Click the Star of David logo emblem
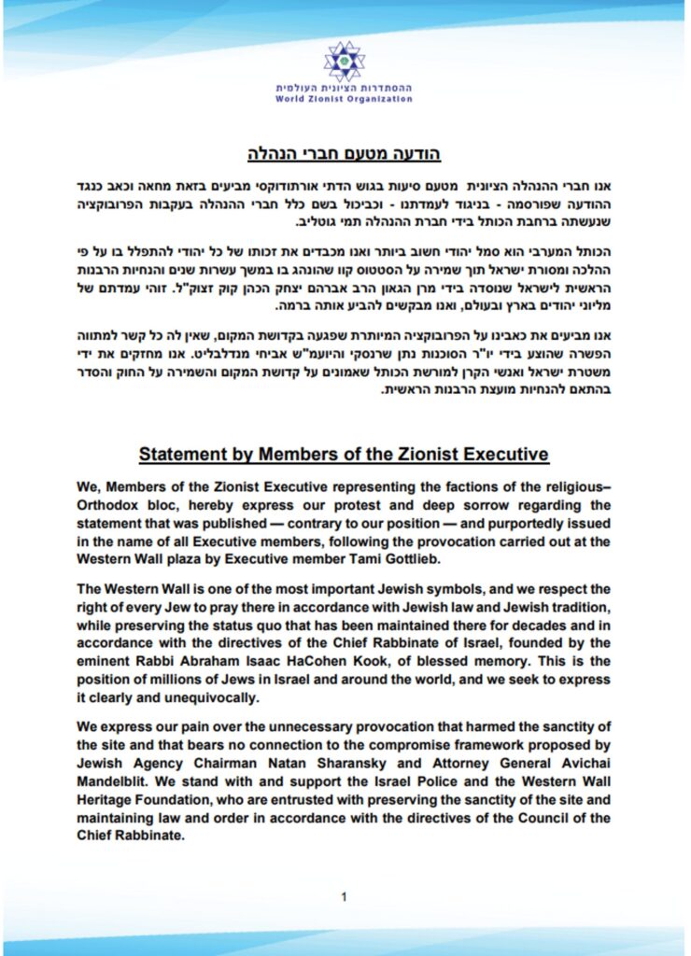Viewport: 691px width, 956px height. [x=344, y=62]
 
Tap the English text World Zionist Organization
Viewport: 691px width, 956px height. [x=345, y=99]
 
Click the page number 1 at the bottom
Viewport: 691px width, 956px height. [x=345, y=897]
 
